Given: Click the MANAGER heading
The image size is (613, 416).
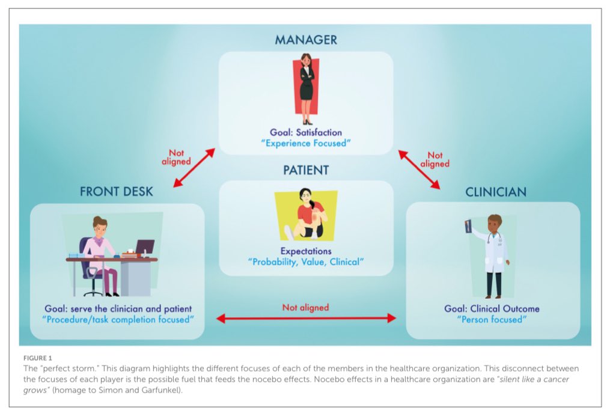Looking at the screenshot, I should tap(306, 40).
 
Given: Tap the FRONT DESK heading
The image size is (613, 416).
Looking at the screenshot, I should tap(117, 192).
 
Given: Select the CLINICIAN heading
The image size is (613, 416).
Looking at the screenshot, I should tap(495, 192).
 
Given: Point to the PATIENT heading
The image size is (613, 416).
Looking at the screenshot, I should tap(306, 170).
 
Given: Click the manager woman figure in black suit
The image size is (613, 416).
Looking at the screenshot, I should tap(306, 87).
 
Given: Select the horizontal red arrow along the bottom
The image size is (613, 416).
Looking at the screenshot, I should tap(306, 318).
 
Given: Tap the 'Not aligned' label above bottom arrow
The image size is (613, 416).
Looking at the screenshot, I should tap(306, 307).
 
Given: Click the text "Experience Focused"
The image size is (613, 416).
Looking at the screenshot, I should tap(306, 143).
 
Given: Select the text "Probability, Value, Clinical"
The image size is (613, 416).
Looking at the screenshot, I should tap(306, 262).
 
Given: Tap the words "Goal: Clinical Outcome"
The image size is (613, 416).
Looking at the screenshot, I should tap(492, 309).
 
